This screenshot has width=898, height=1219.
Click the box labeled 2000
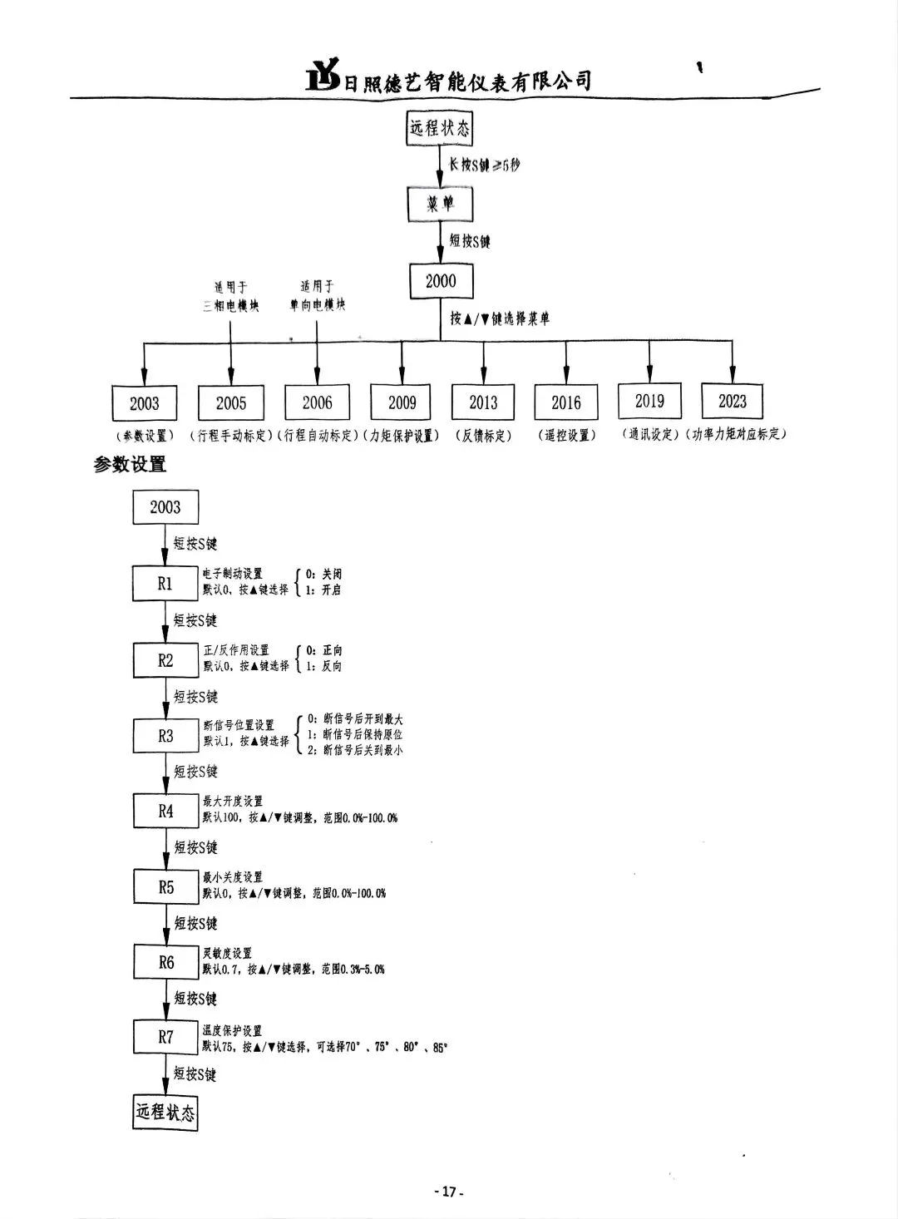click(441, 281)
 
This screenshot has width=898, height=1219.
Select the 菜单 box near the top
click(441, 204)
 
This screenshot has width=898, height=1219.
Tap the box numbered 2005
click(230, 403)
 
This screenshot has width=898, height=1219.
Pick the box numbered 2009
click(402, 402)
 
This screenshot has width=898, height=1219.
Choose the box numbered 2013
click(483, 402)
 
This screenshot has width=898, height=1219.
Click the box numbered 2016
click(566, 402)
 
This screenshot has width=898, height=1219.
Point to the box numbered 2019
click(649, 401)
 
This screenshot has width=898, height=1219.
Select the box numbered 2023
click(733, 401)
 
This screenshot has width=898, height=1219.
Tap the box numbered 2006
click(317, 402)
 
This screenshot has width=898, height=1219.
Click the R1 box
click(165, 584)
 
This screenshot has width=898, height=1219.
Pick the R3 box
click(165, 736)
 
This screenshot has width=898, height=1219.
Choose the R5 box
click(166, 887)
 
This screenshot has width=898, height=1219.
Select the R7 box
click(166, 1038)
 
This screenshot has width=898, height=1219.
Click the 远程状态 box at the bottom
click(165, 1112)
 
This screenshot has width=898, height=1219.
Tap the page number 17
click(449, 1192)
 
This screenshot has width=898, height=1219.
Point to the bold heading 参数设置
click(130, 465)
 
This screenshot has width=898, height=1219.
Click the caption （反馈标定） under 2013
click(483, 436)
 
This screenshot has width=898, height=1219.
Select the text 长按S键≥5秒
click(485, 165)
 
